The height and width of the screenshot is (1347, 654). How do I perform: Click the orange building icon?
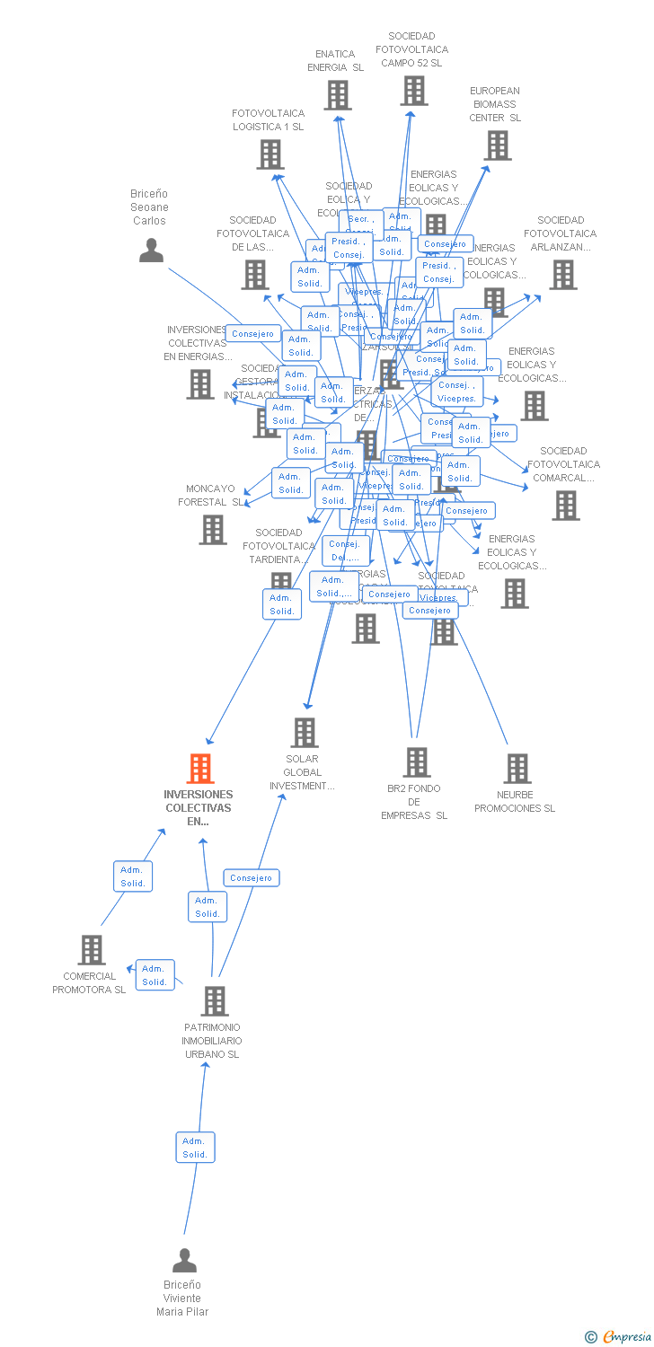point(199,769)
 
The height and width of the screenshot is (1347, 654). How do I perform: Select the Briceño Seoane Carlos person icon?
point(151,250)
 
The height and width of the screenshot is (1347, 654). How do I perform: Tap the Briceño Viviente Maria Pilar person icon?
point(184,1261)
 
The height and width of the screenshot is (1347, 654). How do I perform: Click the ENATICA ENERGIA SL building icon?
point(337,95)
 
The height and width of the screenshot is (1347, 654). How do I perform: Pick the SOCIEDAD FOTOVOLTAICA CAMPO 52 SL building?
point(413,91)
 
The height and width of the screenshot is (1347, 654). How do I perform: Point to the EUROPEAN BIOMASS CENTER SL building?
point(497,145)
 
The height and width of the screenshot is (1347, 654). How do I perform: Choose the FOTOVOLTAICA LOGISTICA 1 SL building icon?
point(270,154)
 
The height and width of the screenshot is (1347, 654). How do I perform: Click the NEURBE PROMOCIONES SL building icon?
point(517,769)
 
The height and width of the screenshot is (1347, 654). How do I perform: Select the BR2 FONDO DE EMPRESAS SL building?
point(416,762)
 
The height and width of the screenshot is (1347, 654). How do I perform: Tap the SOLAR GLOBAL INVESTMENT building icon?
point(305,733)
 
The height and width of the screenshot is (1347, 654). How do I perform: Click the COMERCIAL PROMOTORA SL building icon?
point(91,950)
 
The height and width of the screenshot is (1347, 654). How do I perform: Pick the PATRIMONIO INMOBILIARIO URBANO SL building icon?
point(214,1000)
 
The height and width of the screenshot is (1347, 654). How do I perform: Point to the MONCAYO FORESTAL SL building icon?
point(213,530)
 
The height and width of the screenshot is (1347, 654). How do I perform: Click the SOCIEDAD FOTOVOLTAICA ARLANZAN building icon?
point(562,275)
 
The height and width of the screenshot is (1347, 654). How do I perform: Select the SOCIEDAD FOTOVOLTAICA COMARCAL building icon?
point(565,506)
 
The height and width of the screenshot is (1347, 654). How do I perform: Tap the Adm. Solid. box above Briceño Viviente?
point(195,1147)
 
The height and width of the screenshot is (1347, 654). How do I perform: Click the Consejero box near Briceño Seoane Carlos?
point(252,334)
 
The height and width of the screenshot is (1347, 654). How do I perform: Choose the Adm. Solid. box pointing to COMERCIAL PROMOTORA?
point(155,974)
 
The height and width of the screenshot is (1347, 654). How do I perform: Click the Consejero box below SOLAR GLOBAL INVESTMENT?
point(252,877)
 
